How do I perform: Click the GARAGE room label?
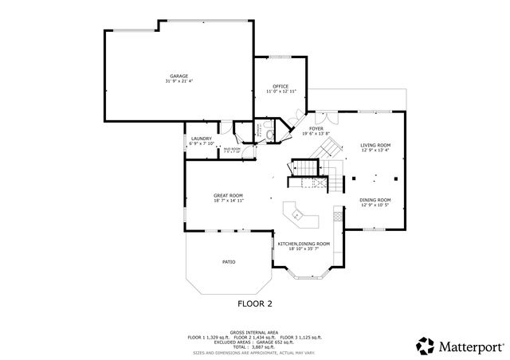178,76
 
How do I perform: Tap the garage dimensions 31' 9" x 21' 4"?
178,81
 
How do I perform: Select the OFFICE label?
280,86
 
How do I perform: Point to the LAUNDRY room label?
201,139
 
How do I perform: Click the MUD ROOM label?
232,149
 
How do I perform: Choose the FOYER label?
316,128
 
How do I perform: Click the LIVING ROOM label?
375,144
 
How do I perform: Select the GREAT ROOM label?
228,195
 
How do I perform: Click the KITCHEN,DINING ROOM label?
304,244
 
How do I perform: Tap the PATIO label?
229,261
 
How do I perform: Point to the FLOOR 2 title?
255,303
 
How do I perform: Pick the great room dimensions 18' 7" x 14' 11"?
228,201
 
